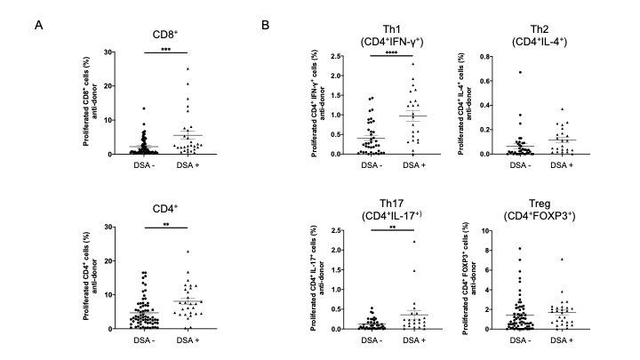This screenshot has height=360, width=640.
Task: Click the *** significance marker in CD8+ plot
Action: (x=166, y=50)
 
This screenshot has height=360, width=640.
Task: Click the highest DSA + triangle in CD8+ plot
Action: (x=188, y=68)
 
